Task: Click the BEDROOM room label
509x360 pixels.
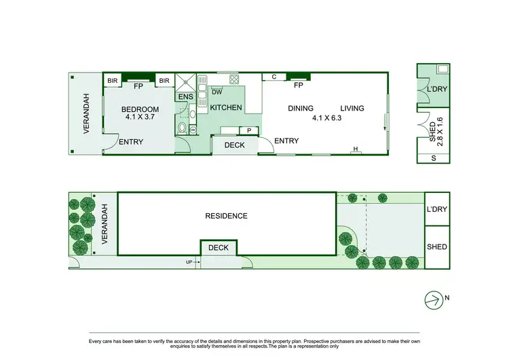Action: coord(140,109)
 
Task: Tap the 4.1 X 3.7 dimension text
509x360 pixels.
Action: coord(140,118)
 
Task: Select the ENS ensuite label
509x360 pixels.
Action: coord(185,97)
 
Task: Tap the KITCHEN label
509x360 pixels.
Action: coord(225,108)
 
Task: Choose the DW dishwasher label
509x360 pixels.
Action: coord(216,92)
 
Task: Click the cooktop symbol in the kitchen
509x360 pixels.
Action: coord(234,78)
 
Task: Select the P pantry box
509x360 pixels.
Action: coord(249,130)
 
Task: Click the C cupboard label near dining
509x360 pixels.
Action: coord(274,77)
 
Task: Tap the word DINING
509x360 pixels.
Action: coord(301,109)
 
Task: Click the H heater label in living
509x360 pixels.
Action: coord(355,149)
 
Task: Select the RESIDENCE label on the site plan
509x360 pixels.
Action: coord(226,216)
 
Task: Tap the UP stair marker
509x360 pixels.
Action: coord(189,262)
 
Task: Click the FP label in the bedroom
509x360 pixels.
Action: coord(138,86)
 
